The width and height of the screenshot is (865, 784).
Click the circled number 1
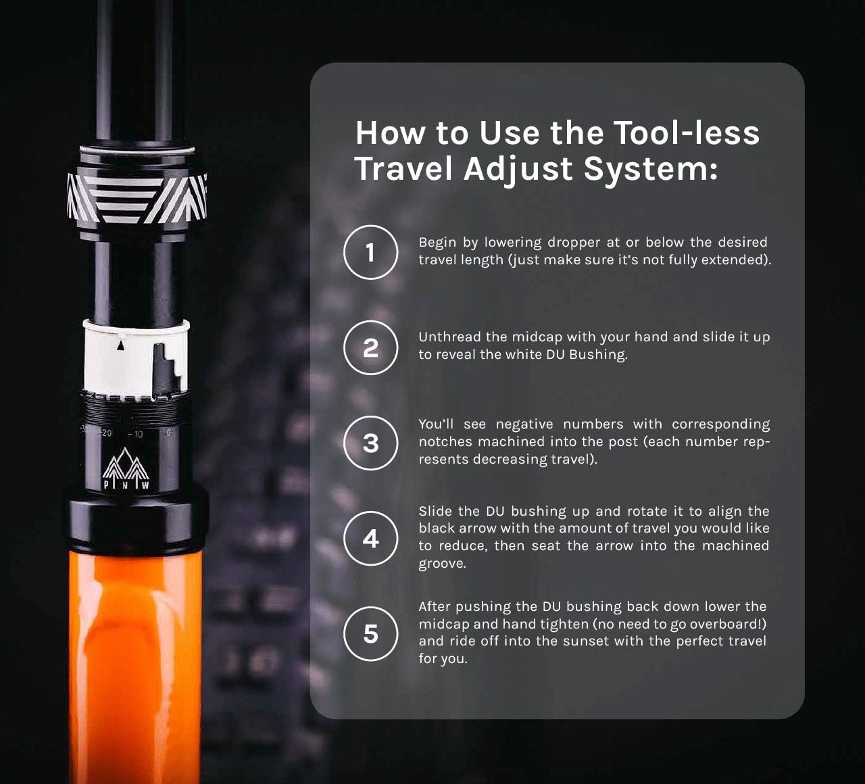tap(370, 252)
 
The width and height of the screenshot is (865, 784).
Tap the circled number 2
tap(370, 347)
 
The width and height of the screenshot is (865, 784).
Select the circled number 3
tap(370, 443)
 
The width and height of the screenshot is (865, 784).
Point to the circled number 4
tap(370, 538)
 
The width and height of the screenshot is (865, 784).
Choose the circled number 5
tap(370, 633)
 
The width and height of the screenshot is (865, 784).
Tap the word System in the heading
tap(645, 169)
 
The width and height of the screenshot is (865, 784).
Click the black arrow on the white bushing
tap(121, 345)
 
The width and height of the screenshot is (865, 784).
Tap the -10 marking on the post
tap(135, 435)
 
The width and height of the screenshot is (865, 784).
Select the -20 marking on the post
tap(106, 433)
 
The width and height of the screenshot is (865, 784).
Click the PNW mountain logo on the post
tap(126, 468)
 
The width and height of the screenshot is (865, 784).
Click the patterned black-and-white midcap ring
tap(137, 199)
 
